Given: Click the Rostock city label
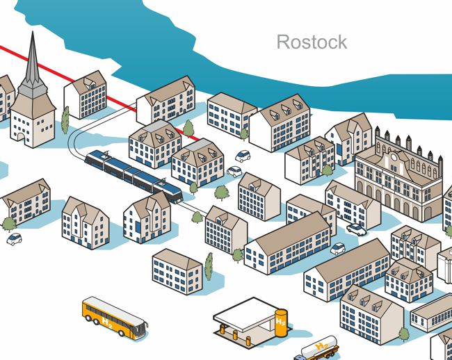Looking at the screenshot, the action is point(312,42).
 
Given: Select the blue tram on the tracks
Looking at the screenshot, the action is point(134,176).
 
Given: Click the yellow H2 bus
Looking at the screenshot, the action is point(115,318).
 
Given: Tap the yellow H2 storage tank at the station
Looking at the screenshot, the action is point(281,323).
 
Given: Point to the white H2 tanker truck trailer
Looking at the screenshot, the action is point(319,347).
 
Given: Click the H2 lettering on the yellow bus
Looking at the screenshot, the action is point(107,323).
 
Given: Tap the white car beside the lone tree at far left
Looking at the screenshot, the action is point(14,239).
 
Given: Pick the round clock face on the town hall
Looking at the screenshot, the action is point(394,157).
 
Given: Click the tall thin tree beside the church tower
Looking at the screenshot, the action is point(65,120).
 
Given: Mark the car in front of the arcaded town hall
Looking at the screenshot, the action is point(357,229).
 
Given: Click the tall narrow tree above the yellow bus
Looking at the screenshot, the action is point(209,266).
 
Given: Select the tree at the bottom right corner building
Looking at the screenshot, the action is point(404,334).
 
